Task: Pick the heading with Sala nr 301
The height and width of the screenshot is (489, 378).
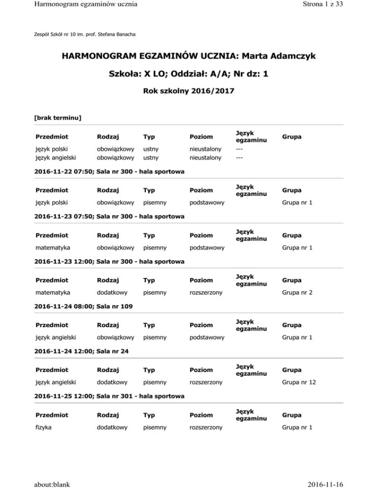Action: (x=109, y=396)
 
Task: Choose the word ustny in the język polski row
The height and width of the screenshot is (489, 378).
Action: (x=151, y=148)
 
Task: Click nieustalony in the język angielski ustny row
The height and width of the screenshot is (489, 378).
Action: (x=206, y=158)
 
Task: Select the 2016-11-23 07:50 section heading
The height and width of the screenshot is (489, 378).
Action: (x=109, y=216)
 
